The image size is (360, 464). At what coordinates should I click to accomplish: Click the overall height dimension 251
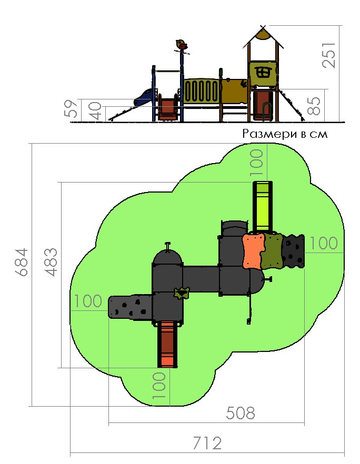[329, 55]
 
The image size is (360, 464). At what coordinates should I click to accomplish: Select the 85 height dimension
[314, 106]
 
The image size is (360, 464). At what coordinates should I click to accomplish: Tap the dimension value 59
[72, 108]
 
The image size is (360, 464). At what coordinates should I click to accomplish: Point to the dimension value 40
[95, 110]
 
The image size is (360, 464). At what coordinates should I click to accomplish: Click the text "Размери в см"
[285, 134]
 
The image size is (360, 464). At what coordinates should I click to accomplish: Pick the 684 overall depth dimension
[22, 262]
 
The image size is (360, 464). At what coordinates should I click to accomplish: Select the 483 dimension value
[51, 262]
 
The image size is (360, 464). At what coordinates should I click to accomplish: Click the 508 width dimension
[240, 413]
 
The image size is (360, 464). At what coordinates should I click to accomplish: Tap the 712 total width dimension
[207, 443]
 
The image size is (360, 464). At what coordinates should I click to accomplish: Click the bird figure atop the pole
[181, 45]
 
